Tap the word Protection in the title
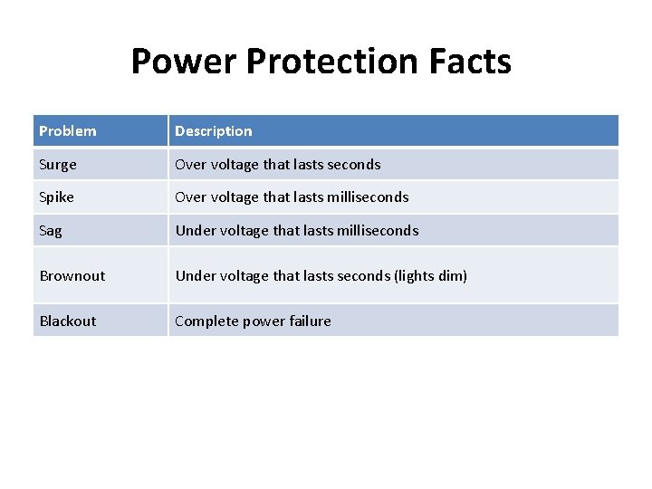coord(332,62)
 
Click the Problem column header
coord(68,131)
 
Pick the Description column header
coord(214,131)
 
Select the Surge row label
coord(58,165)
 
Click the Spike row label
coord(57,197)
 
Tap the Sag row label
coord(51,231)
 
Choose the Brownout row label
coord(72,275)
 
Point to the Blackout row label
coord(68,321)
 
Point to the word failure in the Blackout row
coord(308,321)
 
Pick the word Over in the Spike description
coord(191,197)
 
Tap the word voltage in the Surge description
coord(235,165)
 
